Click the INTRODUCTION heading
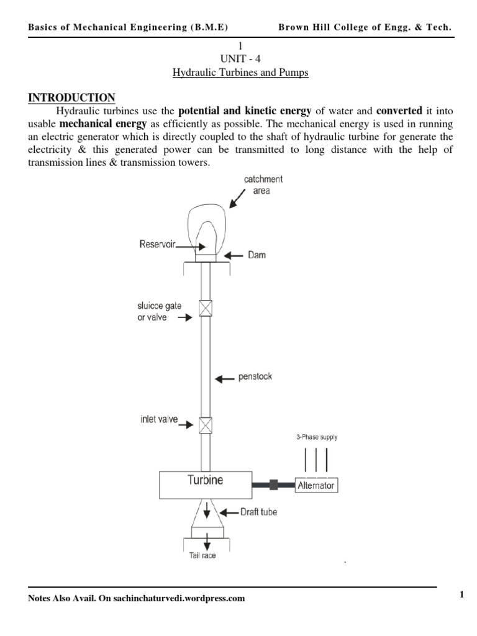pyautogui.click(x=71, y=98)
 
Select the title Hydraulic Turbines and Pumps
pyautogui.click(x=240, y=73)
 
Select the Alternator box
pyautogui.click(x=316, y=485)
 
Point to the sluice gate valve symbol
pyautogui.click(x=205, y=309)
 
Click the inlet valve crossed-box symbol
pyautogui.click(x=205, y=424)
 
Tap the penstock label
pyautogui.click(x=255, y=377)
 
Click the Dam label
pyautogui.click(x=256, y=255)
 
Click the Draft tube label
pyautogui.click(x=258, y=512)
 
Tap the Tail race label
pyautogui.click(x=202, y=556)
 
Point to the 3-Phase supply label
pyautogui.click(x=317, y=437)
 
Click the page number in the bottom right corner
pyautogui.click(x=462, y=595)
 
